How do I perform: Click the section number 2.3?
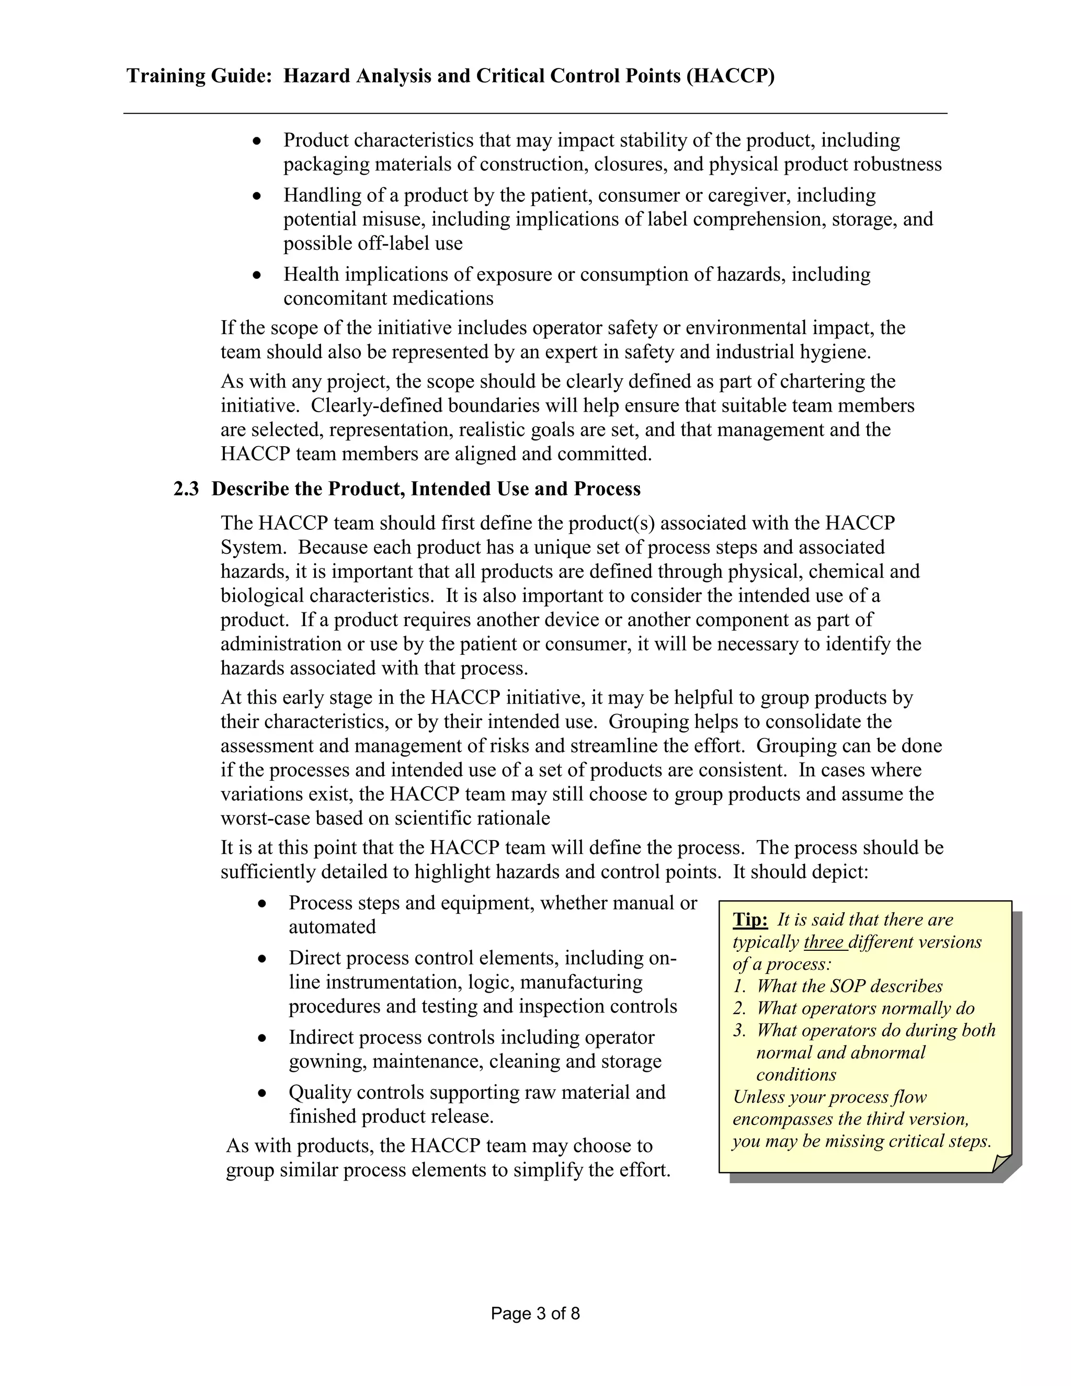click(186, 490)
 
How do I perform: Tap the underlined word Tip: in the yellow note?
click(750, 919)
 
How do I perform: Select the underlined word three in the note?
click(825, 942)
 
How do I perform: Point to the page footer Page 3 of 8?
click(535, 1314)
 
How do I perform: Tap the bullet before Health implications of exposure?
click(257, 275)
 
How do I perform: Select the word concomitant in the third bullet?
click(334, 298)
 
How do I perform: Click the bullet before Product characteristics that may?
click(257, 140)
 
